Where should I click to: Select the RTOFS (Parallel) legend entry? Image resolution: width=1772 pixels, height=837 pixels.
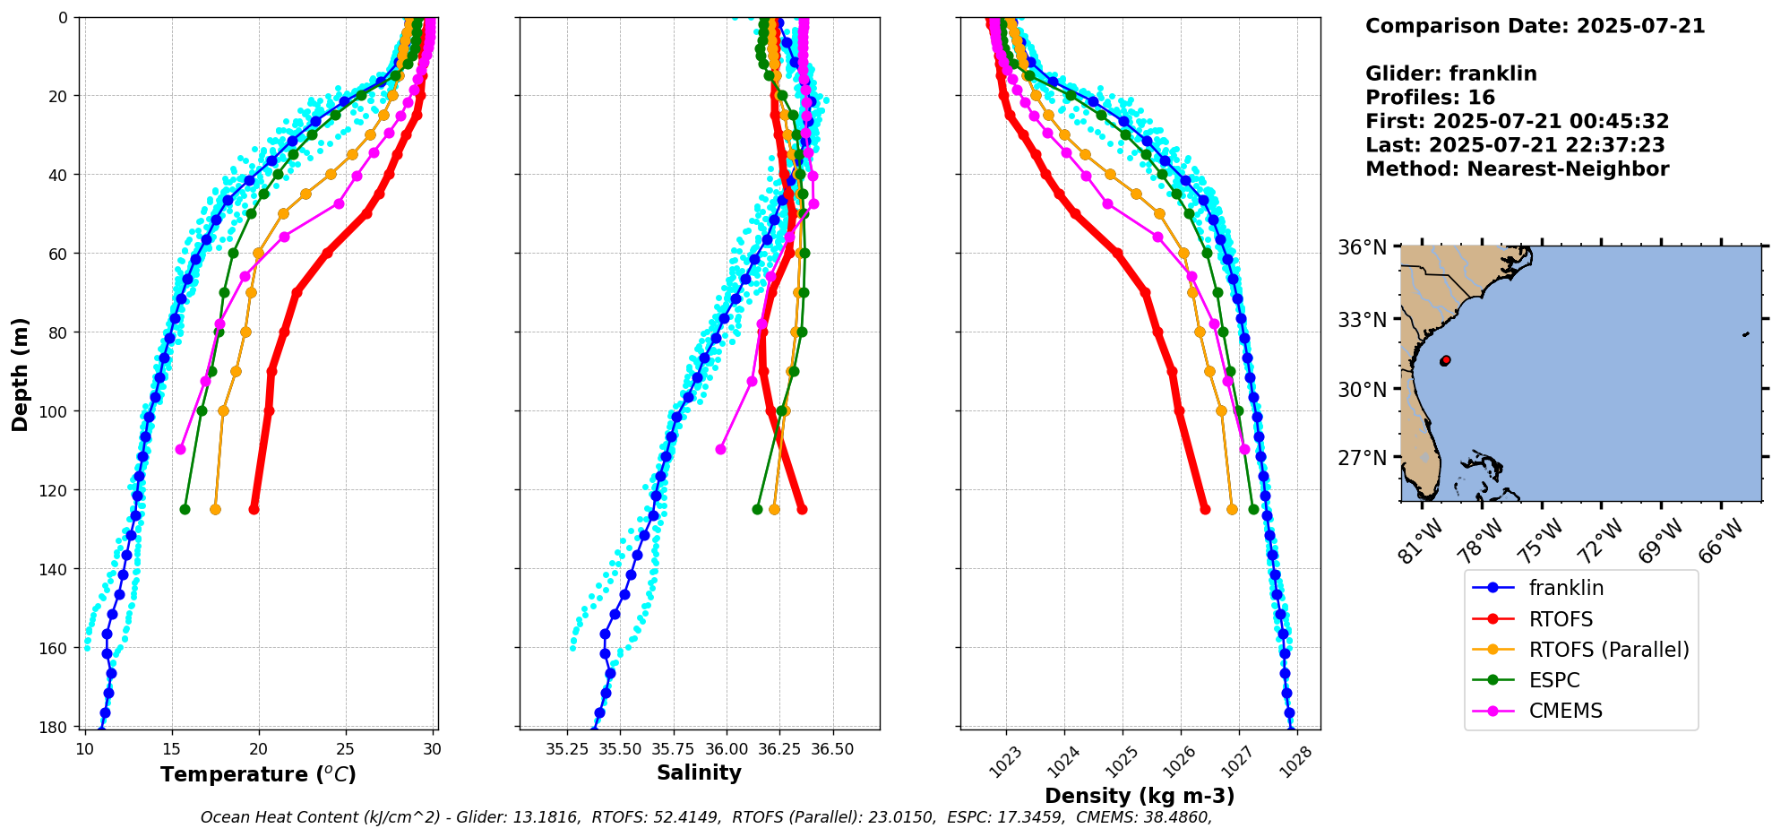[x=1608, y=650]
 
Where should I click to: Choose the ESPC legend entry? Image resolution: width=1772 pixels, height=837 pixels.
[x=1553, y=680]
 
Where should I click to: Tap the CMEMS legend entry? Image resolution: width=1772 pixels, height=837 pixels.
[x=1565, y=711]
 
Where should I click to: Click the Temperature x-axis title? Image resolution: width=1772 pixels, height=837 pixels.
[x=258, y=774]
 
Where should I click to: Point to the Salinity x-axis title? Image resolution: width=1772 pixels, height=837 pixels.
[x=699, y=772]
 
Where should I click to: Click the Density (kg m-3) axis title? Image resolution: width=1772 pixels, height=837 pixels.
[x=1140, y=796]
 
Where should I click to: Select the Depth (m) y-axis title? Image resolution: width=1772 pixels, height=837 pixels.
[x=20, y=374]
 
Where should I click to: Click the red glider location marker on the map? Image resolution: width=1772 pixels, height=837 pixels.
[x=1445, y=360]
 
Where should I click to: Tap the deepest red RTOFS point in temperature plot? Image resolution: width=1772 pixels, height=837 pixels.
[x=254, y=509]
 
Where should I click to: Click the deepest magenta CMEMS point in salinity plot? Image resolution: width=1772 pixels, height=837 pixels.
[x=721, y=449]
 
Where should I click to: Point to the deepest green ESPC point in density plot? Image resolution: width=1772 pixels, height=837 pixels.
[x=1253, y=509]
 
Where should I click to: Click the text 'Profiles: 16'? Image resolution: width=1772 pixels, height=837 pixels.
[x=1430, y=98]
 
